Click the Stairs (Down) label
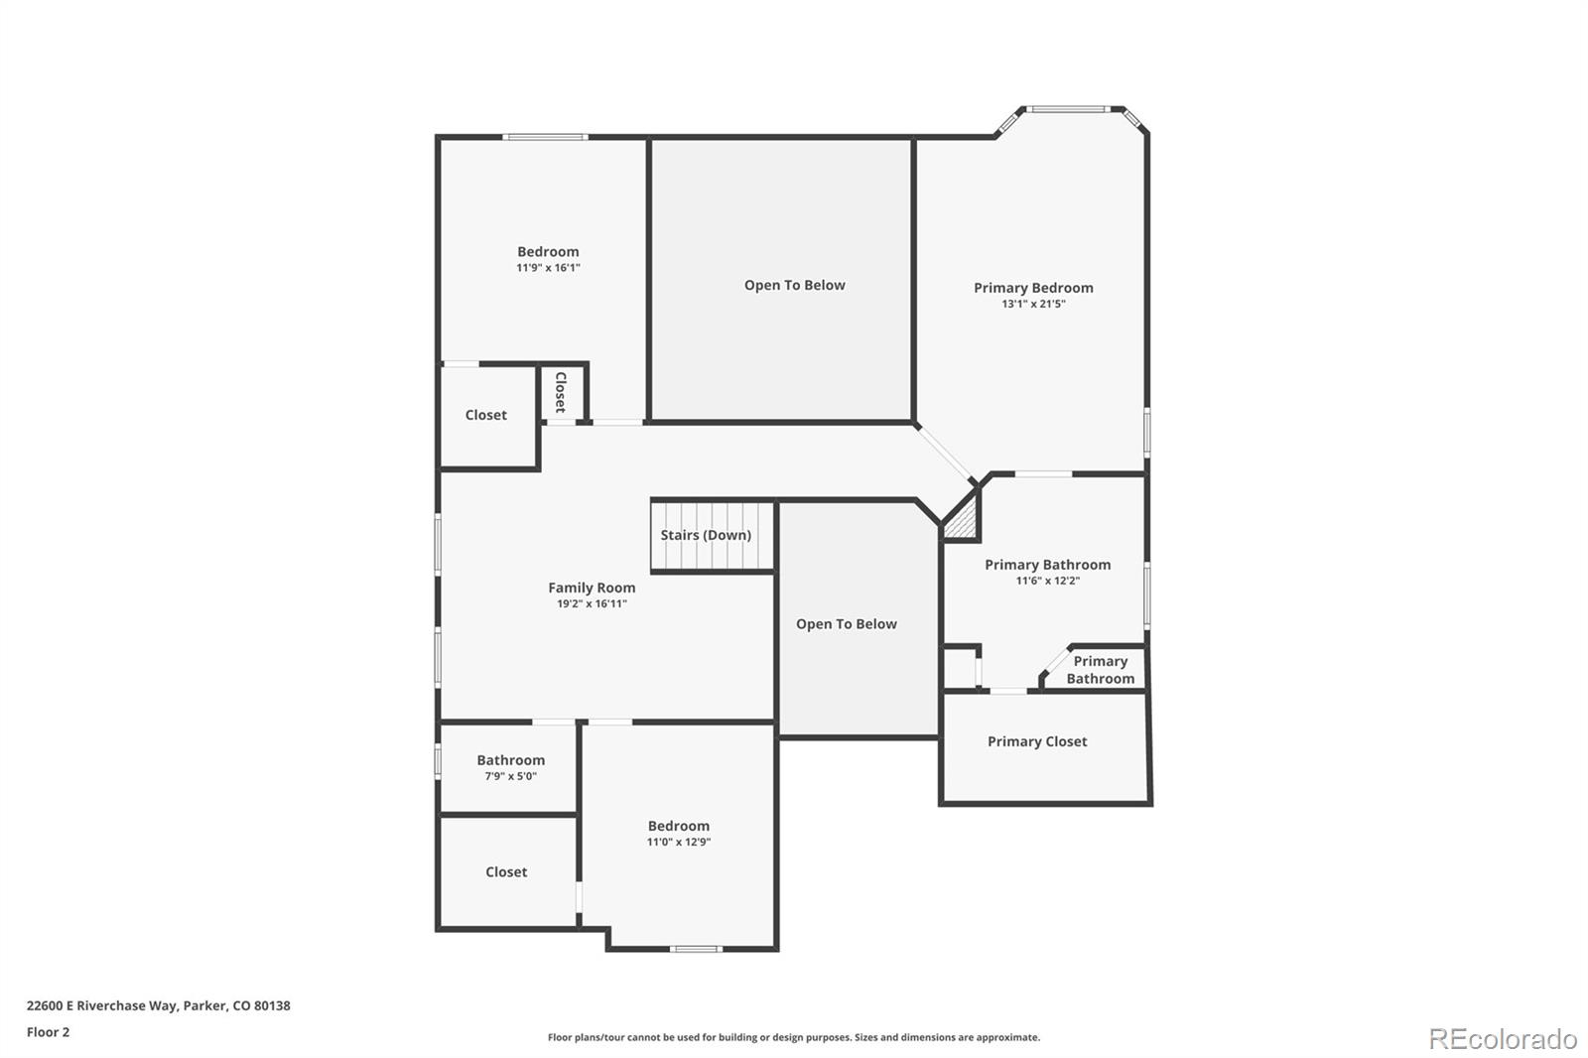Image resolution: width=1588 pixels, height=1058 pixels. (706, 535)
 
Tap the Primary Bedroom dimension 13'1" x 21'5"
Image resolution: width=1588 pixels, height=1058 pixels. (1033, 305)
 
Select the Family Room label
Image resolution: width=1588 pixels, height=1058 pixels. (592, 588)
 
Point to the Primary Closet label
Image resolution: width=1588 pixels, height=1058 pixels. (1037, 741)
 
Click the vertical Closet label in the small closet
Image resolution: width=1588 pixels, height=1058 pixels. (561, 392)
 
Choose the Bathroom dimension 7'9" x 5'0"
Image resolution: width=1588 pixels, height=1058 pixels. (510, 777)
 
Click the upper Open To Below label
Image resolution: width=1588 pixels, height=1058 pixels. (794, 285)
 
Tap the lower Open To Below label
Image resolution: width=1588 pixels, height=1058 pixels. (846, 624)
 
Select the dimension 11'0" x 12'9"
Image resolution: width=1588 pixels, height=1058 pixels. (679, 843)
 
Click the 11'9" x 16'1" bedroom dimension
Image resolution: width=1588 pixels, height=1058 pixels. (548, 268)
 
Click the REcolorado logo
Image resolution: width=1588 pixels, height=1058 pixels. (1502, 1038)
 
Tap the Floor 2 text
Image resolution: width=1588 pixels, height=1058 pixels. (48, 1032)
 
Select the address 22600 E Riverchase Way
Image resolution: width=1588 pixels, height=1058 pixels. (158, 1005)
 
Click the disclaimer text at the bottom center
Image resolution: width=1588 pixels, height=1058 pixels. (794, 1037)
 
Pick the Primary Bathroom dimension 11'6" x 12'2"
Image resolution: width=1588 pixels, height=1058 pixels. (1047, 582)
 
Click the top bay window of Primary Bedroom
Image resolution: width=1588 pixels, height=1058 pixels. (1067, 109)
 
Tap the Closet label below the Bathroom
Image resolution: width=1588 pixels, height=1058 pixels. (506, 872)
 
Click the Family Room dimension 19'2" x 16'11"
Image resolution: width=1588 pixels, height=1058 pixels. (592, 604)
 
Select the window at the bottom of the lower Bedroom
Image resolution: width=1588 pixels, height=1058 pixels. (695, 949)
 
